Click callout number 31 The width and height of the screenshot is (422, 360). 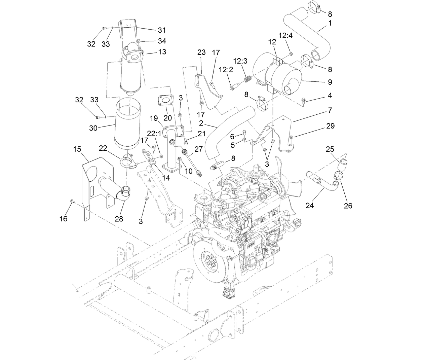tap(162, 30)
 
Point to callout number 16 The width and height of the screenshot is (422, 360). tap(63, 219)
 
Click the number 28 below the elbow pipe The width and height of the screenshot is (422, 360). tap(119, 219)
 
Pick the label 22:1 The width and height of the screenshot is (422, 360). tap(155, 134)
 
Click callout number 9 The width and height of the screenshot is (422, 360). tap(330, 82)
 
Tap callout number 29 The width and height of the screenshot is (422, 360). tap(330, 126)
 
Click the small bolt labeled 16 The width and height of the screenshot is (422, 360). tap(72, 201)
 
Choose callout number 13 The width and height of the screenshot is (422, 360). tap(162, 52)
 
